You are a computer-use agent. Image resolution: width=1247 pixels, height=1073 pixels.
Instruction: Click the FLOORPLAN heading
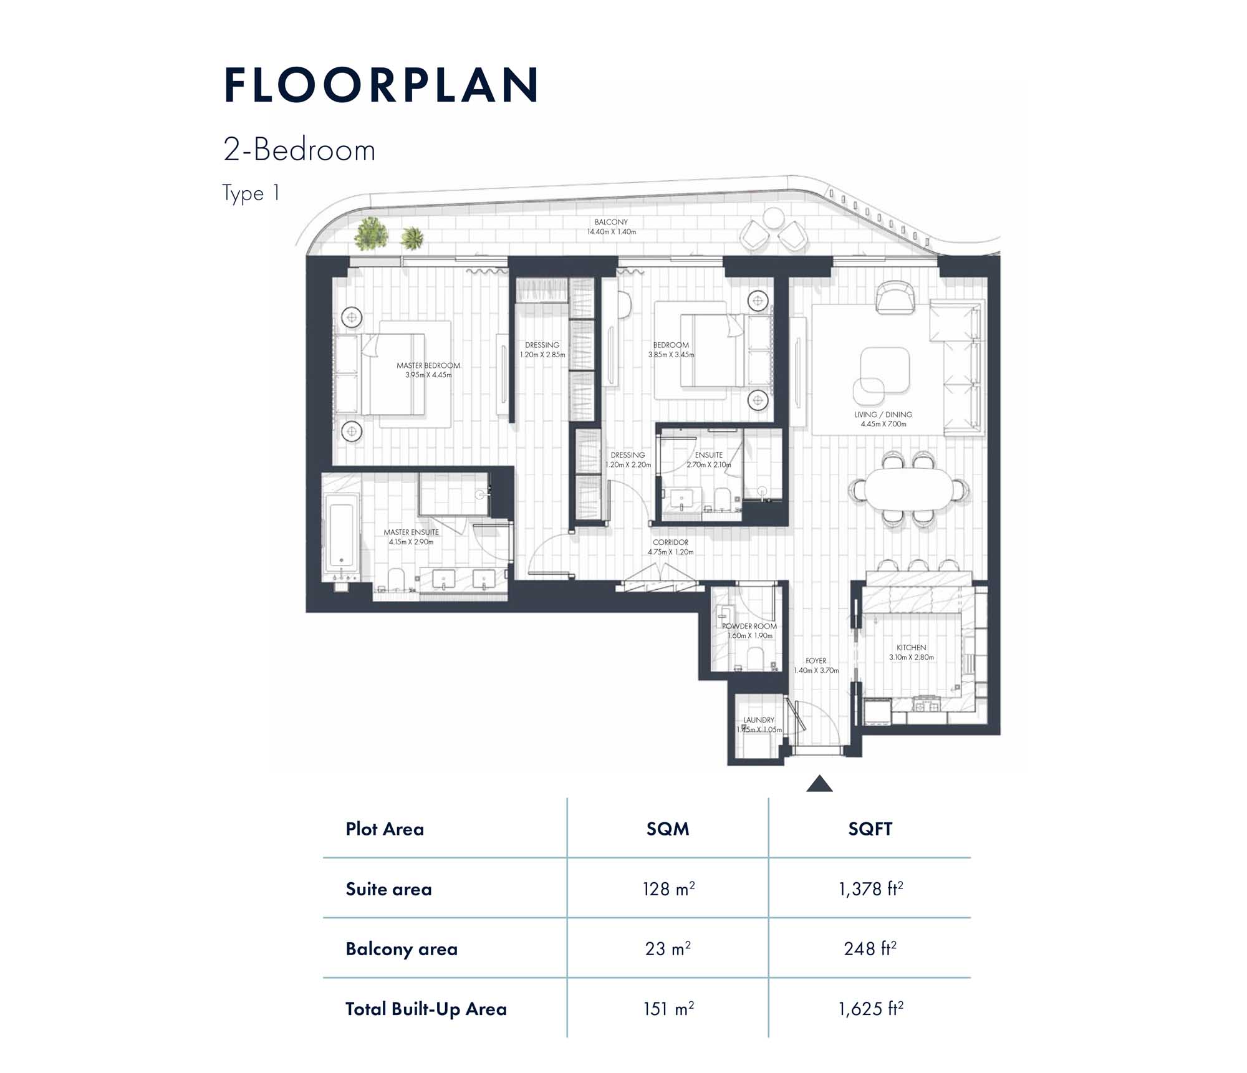pos(381,85)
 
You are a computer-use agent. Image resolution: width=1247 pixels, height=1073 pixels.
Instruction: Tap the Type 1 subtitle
pos(251,193)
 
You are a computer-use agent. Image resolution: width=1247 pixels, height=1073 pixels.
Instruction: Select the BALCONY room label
pos(611,222)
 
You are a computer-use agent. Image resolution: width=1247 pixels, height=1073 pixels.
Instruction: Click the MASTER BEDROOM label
pos(428,365)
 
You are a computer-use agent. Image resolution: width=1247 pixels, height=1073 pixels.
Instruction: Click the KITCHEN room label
pos(911,648)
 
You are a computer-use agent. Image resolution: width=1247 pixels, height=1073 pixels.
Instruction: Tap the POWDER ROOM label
pos(749,626)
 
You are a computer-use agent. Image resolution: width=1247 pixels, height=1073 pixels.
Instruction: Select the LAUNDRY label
pos(759,720)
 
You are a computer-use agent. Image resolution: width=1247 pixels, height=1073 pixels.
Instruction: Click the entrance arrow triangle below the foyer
pos(819,784)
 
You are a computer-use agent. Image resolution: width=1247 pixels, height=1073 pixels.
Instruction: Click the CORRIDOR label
pos(671,542)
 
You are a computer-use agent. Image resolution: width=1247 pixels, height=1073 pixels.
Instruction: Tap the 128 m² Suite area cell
pos(668,888)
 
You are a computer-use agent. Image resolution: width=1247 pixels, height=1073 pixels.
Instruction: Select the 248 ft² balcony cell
pos(870,948)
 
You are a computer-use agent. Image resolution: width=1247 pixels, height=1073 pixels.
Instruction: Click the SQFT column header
pos(870,829)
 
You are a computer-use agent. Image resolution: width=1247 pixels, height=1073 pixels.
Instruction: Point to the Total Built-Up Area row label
pos(426,1009)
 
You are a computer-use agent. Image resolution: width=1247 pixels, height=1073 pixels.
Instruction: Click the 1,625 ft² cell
pos(870,1009)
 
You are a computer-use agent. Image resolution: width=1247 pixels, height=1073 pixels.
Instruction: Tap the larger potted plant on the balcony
pos(372,234)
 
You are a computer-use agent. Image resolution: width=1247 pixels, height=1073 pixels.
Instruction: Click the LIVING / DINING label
pos(883,415)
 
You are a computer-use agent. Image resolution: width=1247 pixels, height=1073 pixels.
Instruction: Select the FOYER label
pos(816,661)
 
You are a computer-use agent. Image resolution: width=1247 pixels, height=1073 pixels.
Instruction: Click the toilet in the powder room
pos(755,658)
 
